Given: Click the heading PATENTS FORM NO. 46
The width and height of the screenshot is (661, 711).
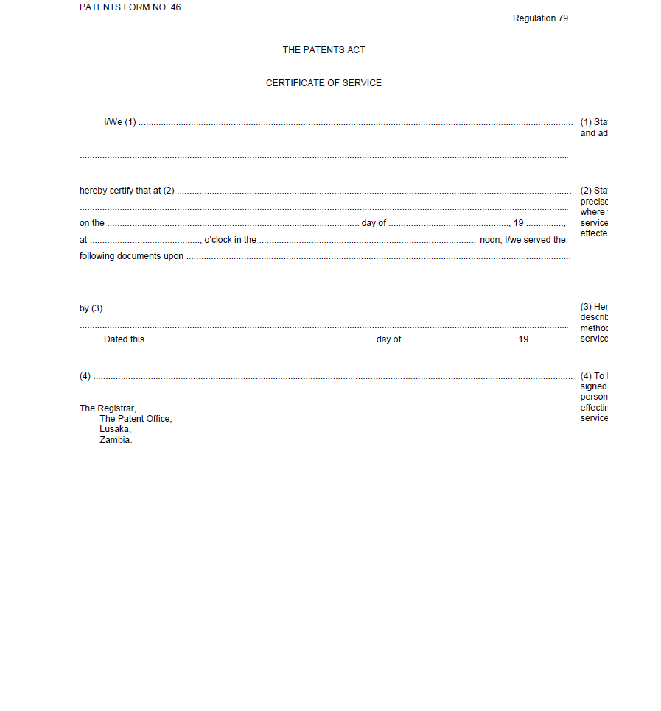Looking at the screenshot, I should [x=130, y=7].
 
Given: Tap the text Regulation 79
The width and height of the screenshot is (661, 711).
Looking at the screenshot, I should [x=540, y=18].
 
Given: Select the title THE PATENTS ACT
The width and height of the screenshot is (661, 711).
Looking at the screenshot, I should [x=323, y=50].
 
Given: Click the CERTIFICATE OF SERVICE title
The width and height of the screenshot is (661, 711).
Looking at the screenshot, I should [x=323, y=83].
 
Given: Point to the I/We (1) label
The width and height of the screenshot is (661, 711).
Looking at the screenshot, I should [x=120, y=122].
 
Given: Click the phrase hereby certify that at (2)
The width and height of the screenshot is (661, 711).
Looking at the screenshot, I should [x=127, y=191].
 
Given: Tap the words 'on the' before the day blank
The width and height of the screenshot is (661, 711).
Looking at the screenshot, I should [x=92, y=223].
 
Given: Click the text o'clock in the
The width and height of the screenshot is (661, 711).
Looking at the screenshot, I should [x=230, y=240].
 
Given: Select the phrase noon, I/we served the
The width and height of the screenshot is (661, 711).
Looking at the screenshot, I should [x=522, y=240].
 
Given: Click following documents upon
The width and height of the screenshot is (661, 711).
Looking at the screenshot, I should [x=131, y=256].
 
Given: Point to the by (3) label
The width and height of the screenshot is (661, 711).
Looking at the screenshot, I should [x=91, y=308].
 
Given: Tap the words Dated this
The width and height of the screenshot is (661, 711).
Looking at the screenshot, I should [x=124, y=339].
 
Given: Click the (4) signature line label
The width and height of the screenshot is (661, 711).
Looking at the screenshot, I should [x=85, y=376].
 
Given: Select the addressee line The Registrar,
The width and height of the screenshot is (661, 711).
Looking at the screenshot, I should [x=108, y=408].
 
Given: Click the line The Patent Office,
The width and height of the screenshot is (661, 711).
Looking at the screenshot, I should [x=136, y=419].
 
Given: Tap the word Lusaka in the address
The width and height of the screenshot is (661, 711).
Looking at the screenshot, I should [x=115, y=429].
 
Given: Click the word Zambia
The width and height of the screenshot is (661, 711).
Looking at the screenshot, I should [x=116, y=440].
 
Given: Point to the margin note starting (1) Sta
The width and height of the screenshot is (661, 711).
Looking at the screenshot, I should [x=593, y=122].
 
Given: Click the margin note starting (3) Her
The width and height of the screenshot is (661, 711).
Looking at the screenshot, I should [x=594, y=307].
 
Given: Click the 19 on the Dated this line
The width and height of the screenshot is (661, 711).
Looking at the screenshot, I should [x=523, y=339].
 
